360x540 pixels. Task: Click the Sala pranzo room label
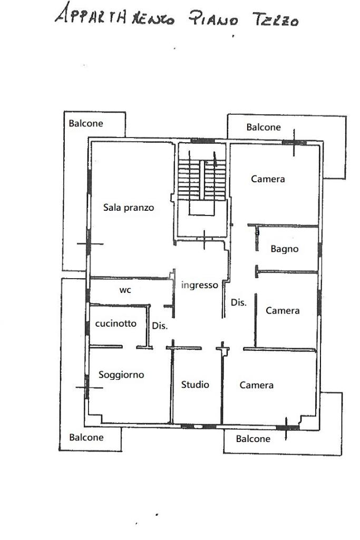coord(129,208)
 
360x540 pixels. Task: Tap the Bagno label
coord(285,249)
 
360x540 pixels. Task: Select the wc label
coord(125,290)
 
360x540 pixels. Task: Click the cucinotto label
coord(116,323)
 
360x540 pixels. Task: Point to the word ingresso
coord(199,285)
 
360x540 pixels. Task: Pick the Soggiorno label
coord(121,375)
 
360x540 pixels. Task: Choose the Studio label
coord(195,385)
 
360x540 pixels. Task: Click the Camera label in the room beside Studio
coord(257,385)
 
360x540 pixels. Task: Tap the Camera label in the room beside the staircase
coord(268,179)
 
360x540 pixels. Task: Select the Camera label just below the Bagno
coord(283,311)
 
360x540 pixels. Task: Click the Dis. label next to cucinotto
coord(160,326)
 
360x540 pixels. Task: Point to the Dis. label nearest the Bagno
coord(239,302)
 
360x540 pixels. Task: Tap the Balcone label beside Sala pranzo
coord(86,123)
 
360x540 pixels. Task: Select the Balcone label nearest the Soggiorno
coord(86,437)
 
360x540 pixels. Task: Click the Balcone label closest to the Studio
coord(253,439)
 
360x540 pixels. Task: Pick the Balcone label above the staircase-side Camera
coord(264,127)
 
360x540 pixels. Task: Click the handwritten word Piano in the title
coord(213,19)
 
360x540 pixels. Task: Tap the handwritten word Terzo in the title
coord(276,19)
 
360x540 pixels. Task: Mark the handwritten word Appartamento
coord(115,15)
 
